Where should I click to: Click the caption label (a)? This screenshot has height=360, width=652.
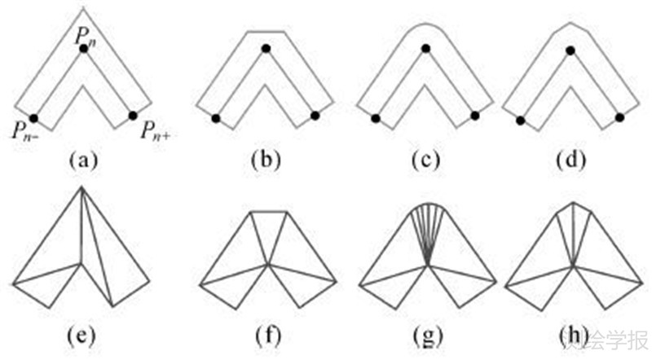click(84, 160)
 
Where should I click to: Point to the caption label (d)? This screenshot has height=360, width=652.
click(569, 160)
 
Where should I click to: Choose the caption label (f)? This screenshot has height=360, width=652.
click(266, 335)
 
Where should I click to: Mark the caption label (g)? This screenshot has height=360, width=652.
click(428, 335)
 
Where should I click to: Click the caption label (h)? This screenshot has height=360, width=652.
click(570, 335)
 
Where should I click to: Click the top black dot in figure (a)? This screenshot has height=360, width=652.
click(83, 50)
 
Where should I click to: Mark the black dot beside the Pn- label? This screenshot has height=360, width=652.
click(33, 117)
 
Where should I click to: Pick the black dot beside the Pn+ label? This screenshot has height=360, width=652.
click(133, 116)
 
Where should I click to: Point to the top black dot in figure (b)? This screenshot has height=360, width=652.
click(265, 50)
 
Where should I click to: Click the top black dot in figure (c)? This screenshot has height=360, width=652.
click(425, 50)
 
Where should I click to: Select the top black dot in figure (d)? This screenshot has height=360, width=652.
click(570, 50)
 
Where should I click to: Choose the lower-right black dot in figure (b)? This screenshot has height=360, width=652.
click(315, 116)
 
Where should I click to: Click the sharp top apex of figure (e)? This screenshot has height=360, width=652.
click(82, 188)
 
